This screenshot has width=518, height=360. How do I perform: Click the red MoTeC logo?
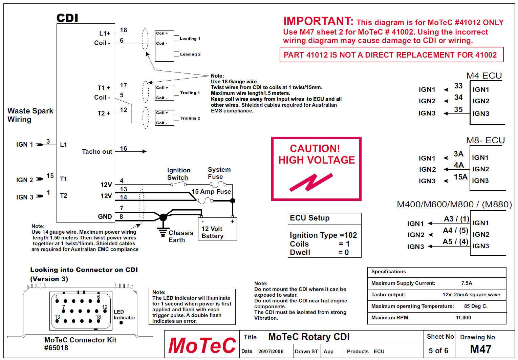pyautogui.click(x=202, y=345)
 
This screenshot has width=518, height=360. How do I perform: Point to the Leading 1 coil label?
pyautogui.click(x=190, y=39)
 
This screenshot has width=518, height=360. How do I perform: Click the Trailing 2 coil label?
pyautogui.click(x=190, y=118)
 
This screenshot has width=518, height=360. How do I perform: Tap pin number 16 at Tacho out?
pyautogui.click(x=124, y=149)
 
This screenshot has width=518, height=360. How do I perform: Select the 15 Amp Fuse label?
pyautogui.click(x=211, y=192)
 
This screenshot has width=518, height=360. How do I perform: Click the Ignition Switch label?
pyautogui.click(x=178, y=174)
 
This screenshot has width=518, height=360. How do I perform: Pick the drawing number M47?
pyautogui.click(x=480, y=349)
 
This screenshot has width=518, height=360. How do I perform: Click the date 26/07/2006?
pyautogui.click(x=271, y=352)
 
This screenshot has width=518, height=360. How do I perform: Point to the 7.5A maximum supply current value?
pyautogui.click(x=467, y=283)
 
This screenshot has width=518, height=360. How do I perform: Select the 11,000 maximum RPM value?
pyautogui.click(x=463, y=318)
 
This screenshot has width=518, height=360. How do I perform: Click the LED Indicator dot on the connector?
pyautogui.click(x=121, y=323)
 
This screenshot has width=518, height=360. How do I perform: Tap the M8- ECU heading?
pyautogui.click(x=485, y=141)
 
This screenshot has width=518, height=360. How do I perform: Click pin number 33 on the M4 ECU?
pyautogui.click(x=458, y=86)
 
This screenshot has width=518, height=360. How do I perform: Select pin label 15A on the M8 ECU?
pyautogui.click(x=460, y=177)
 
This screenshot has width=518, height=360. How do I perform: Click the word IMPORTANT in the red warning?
pyautogui.click(x=318, y=21)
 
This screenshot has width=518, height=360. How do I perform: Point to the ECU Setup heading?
pyautogui.click(x=309, y=218)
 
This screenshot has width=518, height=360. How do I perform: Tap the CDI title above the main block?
pyautogui.click(x=67, y=18)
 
